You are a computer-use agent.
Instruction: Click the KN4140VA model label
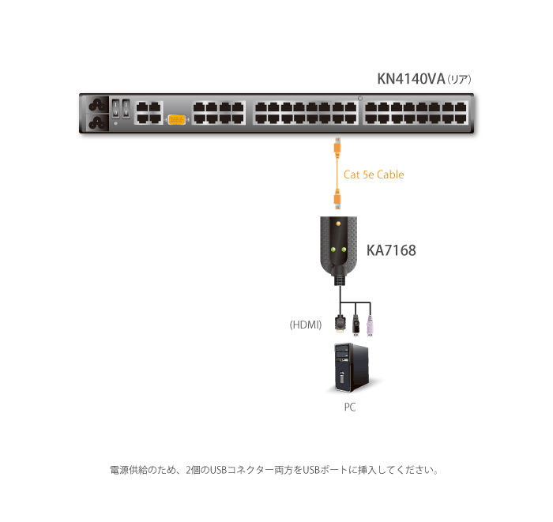pos(411,79)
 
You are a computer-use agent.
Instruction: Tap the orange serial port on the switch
pos(176,119)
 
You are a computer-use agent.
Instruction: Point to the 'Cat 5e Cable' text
pos(373,175)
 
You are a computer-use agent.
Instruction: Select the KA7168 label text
pos(391,251)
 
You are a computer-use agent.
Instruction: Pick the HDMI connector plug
pos(340,324)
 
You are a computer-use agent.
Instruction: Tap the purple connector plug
pos(369,324)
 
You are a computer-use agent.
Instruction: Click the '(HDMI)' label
pos(305,325)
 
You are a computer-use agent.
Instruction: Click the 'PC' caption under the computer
pos(350,408)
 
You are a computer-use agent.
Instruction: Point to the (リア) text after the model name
pos(459,80)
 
